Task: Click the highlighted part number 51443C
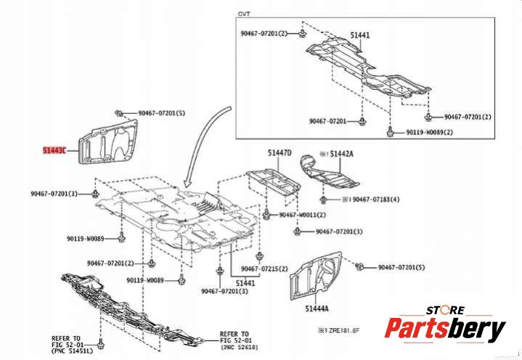53,151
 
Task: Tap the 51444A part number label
318,309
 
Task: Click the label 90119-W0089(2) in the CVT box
429,133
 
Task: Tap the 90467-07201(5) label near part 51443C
162,113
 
